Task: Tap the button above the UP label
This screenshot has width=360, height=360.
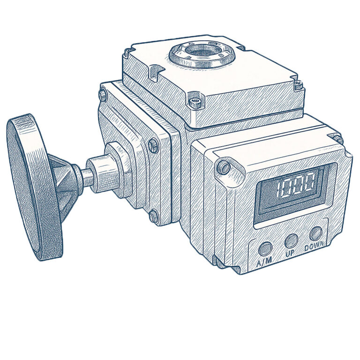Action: pyautogui.click(x=291, y=240)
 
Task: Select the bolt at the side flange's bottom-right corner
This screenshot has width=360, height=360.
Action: pyautogui.click(x=154, y=216)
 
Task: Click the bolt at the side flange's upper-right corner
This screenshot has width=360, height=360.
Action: pyautogui.click(x=153, y=145)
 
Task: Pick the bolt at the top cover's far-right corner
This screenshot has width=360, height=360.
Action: pyautogui.click(x=297, y=84)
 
